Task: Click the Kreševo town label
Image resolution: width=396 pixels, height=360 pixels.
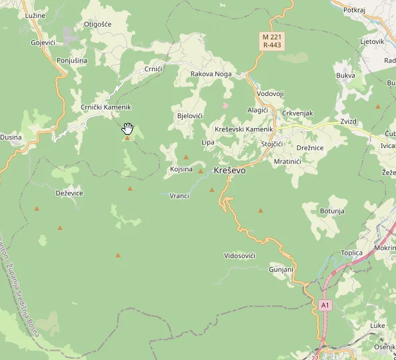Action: point(229,171)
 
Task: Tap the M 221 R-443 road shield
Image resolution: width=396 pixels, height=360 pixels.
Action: point(271,41)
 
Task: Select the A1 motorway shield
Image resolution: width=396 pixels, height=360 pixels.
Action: point(325,305)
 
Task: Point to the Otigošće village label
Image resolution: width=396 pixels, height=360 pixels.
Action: point(97,24)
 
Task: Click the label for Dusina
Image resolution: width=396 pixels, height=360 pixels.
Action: point(11,137)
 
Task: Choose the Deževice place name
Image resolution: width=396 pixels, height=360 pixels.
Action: point(69,193)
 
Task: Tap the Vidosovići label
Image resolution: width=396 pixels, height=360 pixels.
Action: point(240,256)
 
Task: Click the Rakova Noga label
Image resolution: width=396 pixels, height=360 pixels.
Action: point(211,74)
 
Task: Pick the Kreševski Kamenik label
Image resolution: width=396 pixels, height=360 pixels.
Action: point(245,129)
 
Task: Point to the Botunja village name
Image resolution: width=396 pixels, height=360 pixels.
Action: point(332,211)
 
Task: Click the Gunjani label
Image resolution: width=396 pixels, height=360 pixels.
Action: point(281,269)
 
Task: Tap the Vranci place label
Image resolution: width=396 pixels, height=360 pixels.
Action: point(179,196)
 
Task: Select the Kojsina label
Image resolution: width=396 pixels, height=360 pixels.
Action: point(181,169)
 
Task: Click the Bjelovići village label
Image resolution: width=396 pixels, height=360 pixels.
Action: point(189,116)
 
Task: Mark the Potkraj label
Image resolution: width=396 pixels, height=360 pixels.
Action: point(354,10)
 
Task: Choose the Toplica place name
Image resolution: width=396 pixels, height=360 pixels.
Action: point(351,253)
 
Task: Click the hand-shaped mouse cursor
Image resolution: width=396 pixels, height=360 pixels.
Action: point(128,128)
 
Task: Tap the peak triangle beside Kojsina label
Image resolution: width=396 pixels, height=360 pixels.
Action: point(200,171)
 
